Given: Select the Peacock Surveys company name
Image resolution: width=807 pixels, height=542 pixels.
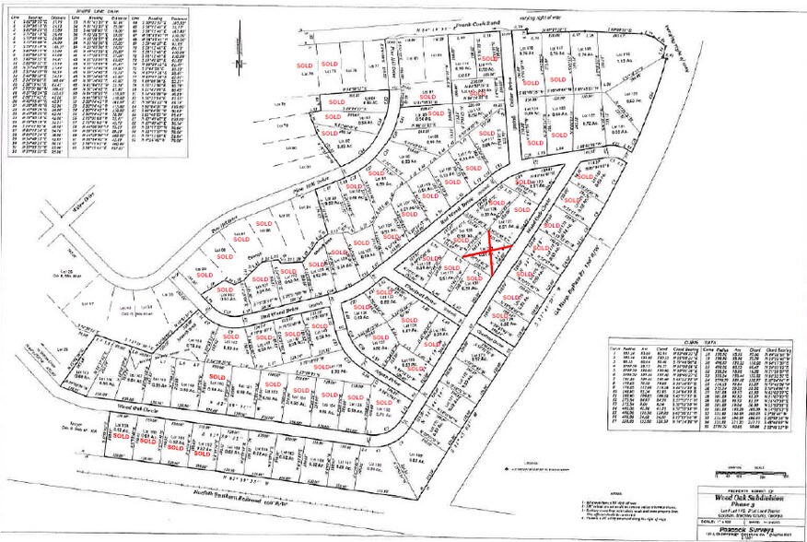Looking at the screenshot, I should pos(743,526).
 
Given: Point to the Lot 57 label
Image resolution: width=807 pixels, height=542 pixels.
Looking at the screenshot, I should pos(89,301).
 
